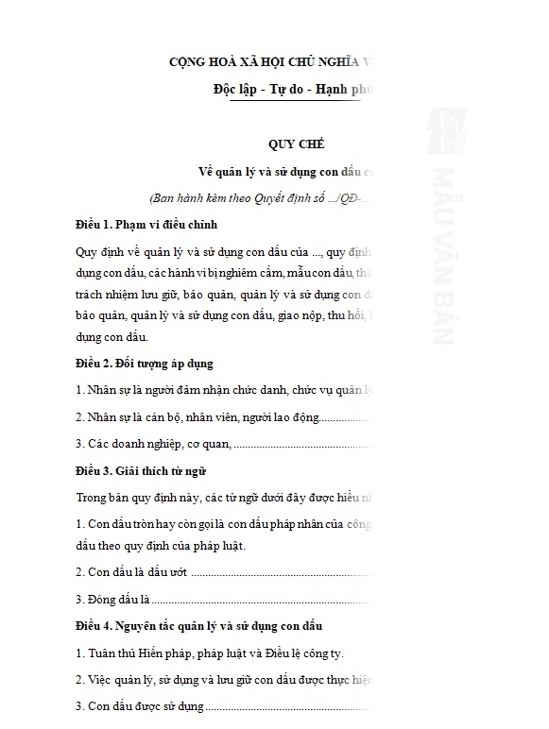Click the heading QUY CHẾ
[296, 144]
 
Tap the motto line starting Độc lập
[293, 90]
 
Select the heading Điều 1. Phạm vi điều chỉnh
[146, 225]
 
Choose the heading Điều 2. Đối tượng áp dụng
[145, 363]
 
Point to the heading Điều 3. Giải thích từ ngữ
[141, 470]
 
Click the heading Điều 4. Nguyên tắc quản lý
[199, 625]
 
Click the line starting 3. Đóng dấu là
[223, 599]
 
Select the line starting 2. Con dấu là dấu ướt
[223, 571]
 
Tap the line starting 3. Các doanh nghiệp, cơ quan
[223, 443]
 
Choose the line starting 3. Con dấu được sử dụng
[223, 705]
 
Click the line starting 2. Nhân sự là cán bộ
[223, 416]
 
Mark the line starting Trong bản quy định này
[223, 496]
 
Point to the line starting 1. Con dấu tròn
[223, 522]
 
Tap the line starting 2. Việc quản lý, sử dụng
[223, 679]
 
